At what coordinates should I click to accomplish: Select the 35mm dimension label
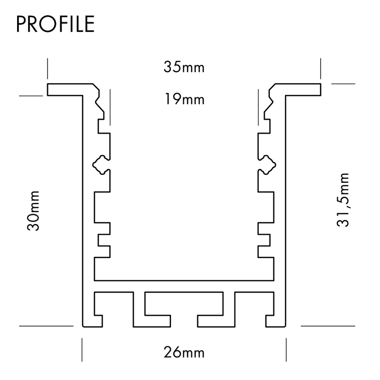(x=184, y=67)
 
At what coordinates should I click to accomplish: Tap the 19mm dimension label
(x=184, y=100)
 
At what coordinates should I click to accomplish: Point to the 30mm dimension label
(x=33, y=211)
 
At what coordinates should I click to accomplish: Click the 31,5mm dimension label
(x=343, y=199)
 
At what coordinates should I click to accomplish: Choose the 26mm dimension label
(x=184, y=352)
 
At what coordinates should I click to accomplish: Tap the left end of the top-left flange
(x=49, y=90)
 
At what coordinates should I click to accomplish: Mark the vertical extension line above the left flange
(x=47, y=68)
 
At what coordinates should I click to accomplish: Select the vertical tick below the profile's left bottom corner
(x=83, y=350)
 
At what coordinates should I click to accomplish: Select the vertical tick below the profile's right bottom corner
(x=286, y=350)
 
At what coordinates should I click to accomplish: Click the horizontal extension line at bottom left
(x=46, y=326)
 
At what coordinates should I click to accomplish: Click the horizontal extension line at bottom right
(x=328, y=326)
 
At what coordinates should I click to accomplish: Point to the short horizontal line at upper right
(x=343, y=84)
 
